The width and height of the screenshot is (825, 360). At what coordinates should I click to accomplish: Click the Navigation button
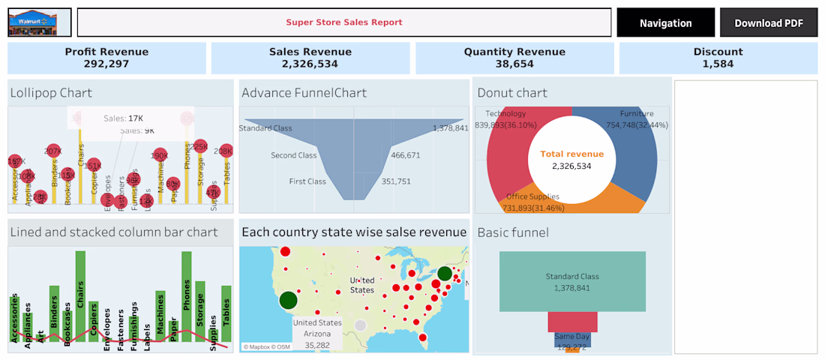[665, 23]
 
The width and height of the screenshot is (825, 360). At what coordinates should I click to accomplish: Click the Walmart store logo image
[40, 22]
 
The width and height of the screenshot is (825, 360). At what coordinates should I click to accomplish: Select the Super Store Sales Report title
[344, 22]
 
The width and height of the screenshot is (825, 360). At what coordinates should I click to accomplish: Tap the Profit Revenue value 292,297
[106, 64]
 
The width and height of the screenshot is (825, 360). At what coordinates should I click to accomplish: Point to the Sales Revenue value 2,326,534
[310, 64]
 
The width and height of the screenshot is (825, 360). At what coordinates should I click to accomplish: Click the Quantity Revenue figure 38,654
[514, 64]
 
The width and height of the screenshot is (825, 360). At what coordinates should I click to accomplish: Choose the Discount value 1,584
[718, 64]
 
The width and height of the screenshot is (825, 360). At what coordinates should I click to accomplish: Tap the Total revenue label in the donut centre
[572, 154]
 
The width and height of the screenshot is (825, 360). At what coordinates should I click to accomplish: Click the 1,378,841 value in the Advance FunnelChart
[450, 128]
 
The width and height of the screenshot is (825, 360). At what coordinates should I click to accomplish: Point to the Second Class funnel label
[294, 155]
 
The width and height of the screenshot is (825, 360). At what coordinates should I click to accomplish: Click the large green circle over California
[289, 301]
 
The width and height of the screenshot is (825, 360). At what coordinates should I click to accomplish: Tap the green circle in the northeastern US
[445, 274]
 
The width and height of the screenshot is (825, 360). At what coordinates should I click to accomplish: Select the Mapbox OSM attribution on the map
[265, 346]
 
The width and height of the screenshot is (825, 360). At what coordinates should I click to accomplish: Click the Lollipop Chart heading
[51, 93]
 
